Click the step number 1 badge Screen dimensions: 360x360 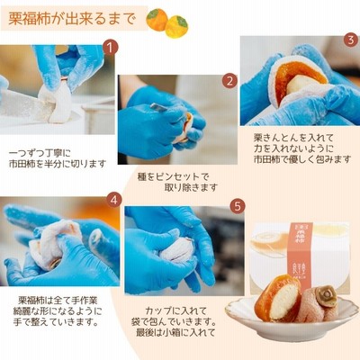tap(111, 48)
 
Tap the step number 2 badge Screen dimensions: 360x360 tap(229, 81)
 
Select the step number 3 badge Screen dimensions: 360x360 tap(351, 40)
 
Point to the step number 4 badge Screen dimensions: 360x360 tap(113, 200)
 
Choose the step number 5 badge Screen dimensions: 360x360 tap(238, 206)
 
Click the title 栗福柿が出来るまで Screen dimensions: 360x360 tap(72, 19)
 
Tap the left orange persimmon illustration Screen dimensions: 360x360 tap(157, 20)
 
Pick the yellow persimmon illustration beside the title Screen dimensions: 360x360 tap(177, 27)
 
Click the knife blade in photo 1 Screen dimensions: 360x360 tap(25, 106)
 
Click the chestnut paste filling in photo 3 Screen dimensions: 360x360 tap(300, 84)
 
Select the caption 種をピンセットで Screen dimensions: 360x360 tap(173, 176)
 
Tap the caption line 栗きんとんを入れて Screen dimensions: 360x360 tap(293, 138)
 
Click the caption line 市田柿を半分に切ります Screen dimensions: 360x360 tap(58, 164)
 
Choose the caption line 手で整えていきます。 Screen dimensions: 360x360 tap(56, 322)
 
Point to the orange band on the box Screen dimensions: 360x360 tap(301, 253)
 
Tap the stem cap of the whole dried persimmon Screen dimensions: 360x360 tap(326, 296)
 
